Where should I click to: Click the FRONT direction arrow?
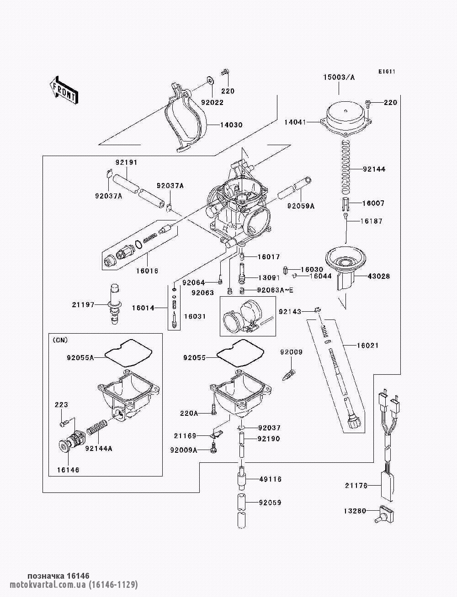coord(64,90)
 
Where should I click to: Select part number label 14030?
coord(231,125)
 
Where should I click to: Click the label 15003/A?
coord(339,77)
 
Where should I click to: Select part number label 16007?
coord(373,203)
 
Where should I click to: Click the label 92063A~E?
coord(276,290)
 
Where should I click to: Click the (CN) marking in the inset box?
coord(60,340)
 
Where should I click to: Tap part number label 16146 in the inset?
coord(68,470)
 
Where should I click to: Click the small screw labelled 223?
coord(64,424)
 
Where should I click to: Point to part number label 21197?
coord(83,305)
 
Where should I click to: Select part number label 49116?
coord(270,479)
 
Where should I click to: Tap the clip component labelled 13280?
coord(383,514)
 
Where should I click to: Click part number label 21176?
coord(356,486)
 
